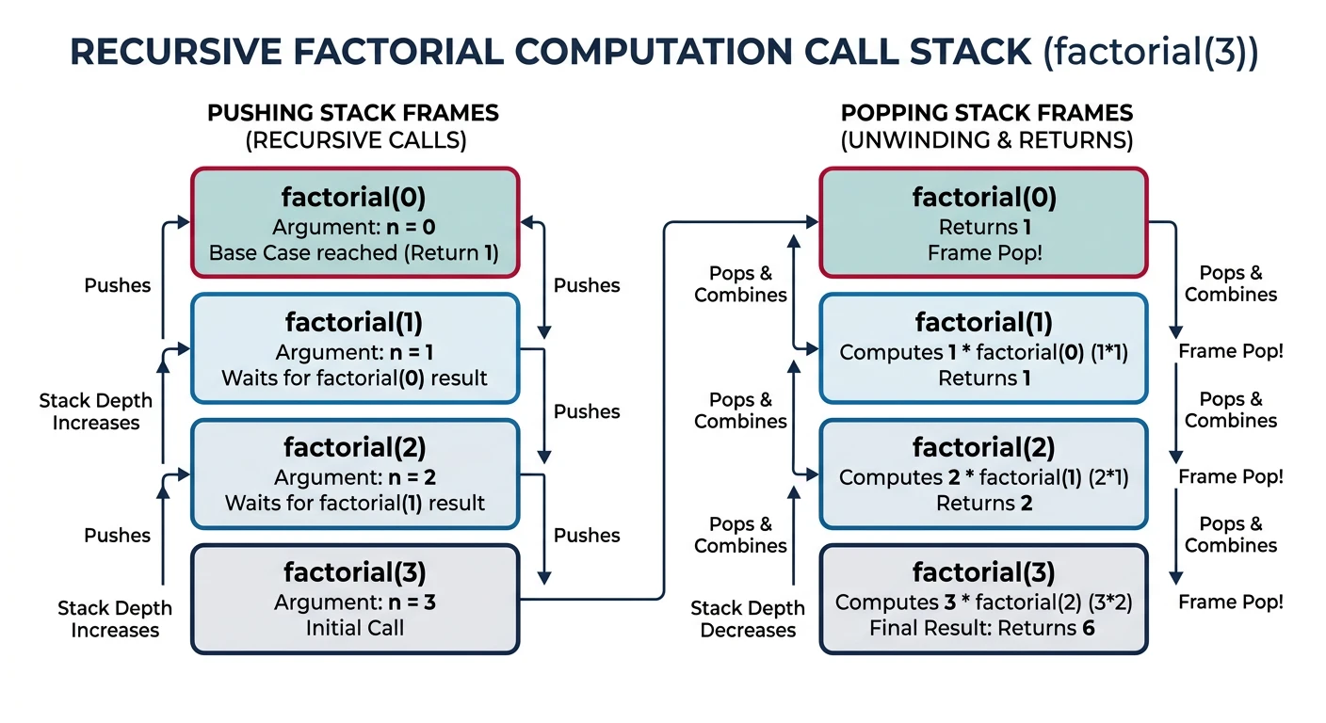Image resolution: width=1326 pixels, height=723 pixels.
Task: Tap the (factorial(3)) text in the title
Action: (x=1149, y=53)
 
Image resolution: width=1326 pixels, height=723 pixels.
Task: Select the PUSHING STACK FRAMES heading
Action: (x=353, y=114)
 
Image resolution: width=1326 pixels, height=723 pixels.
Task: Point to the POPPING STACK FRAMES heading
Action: (x=986, y=114)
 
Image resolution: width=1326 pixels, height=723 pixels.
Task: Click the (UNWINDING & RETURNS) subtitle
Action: (x=986, y=140)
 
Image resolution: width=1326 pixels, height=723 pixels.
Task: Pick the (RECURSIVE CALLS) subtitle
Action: (x=353, y=140)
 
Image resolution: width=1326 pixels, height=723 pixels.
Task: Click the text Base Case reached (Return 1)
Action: (x=353, y=253)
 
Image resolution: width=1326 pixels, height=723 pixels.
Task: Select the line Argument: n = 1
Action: (x=354, y=352)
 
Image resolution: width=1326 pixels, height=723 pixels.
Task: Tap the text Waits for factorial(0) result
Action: (x=354, y=378)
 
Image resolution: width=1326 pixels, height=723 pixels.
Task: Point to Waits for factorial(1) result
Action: (x=354, y=504)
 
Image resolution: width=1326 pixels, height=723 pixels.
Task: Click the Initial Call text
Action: (x=354, y=628)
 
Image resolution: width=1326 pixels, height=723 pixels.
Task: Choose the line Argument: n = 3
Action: (x=354, y=602)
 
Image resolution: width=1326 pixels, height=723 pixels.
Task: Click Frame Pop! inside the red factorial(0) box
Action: (x=984, y=253)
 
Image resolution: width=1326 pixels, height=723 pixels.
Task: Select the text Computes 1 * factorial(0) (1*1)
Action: (x=984, y=352)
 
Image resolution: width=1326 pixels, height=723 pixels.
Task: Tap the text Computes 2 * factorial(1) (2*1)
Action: (x=984, y=477)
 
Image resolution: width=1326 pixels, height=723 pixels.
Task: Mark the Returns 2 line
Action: (x=984, y=504)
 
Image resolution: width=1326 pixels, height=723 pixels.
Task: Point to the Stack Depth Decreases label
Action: (x=748, y=619)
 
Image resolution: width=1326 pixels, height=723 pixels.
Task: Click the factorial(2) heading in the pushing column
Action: (x=354, y=446)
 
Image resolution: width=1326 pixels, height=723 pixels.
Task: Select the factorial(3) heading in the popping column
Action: (x=984, y=571)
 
